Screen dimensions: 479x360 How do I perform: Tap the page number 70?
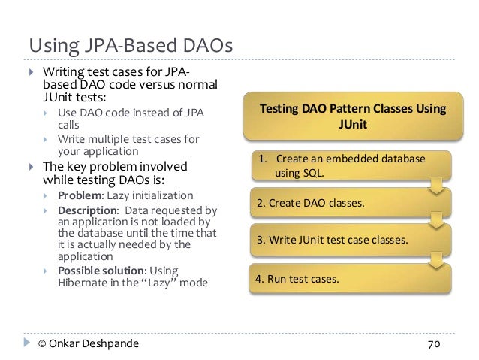click(x=433, y=345)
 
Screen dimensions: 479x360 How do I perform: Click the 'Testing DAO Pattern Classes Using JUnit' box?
click(x=352, y=117)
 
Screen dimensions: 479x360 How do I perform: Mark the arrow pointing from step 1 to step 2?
click(x=434, y=185)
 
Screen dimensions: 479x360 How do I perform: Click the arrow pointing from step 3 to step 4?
click(x=434, y=260)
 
